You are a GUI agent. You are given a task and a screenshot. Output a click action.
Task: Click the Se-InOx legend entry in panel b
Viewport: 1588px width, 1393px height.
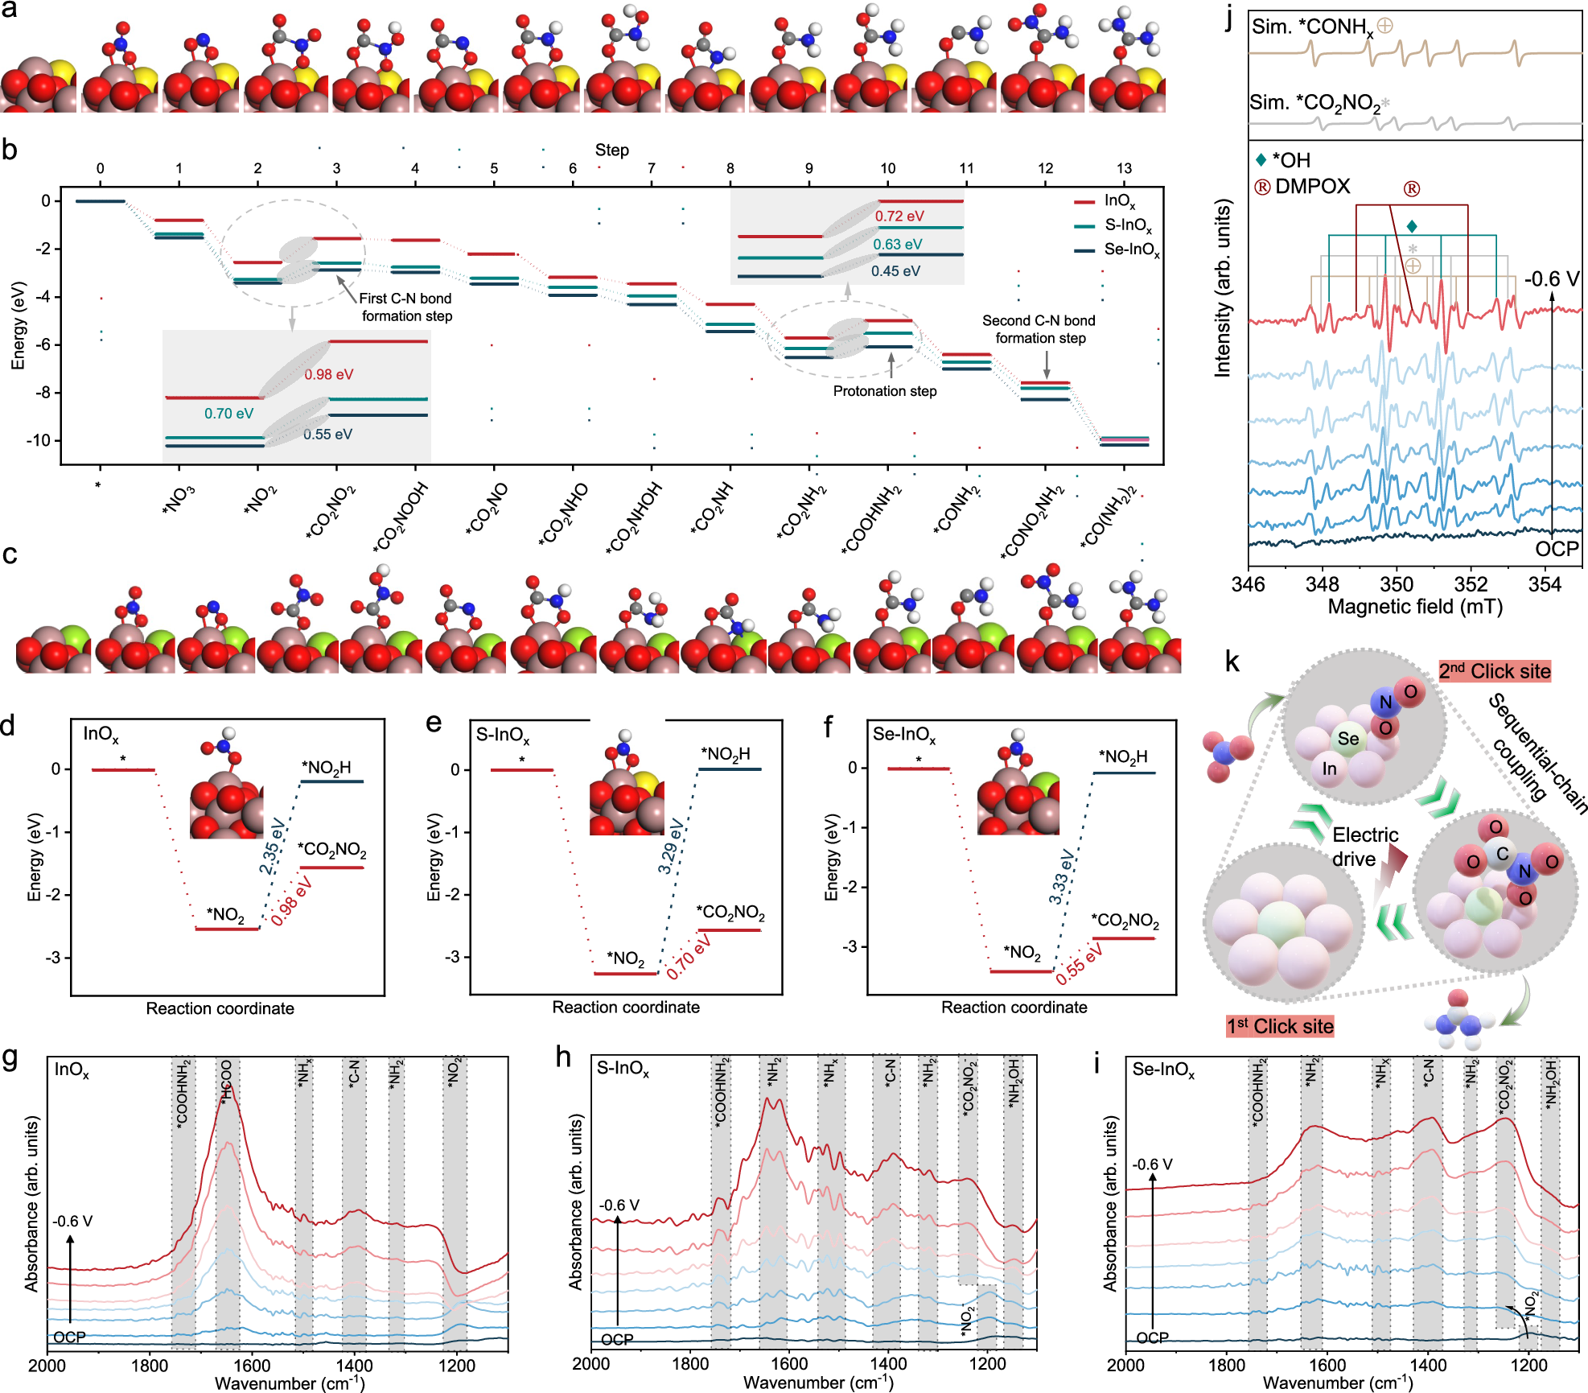click(x=1130, y=249)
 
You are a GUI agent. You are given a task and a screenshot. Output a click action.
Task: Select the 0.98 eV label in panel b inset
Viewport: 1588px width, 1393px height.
click(x=328, y=374)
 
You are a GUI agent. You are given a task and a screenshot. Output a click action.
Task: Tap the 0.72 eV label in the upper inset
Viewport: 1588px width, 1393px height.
click(x=899, y=216)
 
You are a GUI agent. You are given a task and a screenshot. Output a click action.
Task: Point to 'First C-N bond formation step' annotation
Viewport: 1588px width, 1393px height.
click(x=406, y=307)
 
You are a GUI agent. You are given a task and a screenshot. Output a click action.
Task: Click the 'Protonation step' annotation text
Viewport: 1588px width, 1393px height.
click(x=884, y=391)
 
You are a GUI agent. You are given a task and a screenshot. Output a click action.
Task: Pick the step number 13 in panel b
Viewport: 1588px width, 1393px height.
click(x=1124, y=168)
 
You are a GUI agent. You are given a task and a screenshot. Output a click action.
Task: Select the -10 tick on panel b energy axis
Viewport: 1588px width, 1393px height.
click(x=38, y=440)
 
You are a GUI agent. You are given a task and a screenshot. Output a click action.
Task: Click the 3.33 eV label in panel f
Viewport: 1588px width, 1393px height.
click(x=1061, y=876)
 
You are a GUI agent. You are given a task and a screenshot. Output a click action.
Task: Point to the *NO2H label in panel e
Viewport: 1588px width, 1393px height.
click(x=725, y=754)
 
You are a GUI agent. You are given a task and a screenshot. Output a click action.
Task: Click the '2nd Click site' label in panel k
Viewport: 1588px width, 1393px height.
click(x=1494, y=671)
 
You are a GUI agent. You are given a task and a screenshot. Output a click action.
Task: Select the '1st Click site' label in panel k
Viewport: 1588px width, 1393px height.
click(x=1279, y=1026)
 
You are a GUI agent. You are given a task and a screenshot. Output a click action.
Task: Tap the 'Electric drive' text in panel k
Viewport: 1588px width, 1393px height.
click(x=1364, y=847)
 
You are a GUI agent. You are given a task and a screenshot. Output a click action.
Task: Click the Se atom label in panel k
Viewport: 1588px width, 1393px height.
click(x=1348, y=739)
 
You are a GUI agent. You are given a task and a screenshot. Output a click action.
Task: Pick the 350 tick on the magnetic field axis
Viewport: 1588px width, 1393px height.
click(x=1396, y=585)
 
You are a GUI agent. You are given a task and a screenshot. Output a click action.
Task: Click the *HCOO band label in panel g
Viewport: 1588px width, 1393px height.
click(x=227, y=1081)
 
